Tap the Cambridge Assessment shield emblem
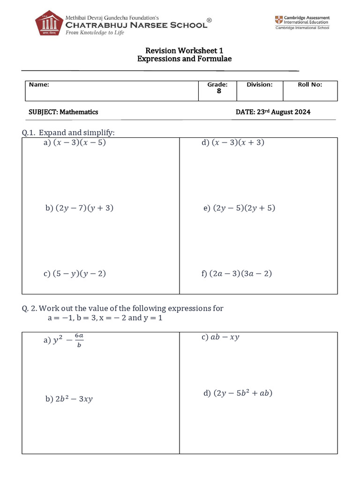coord(279,20)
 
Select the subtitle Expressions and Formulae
coord(184,59)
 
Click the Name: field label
coord(39,85)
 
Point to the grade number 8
coord(218,91)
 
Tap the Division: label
coord(259,85)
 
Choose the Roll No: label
coord(310,85)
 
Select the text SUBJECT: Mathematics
coord(64,112)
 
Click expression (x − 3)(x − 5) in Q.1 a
coord(79,142)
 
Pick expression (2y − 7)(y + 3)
coord(84,208)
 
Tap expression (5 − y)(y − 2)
coord(79,274)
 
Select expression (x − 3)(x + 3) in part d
coord(238,142)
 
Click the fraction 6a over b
coord(79,341)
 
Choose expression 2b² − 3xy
coord(74,399)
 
